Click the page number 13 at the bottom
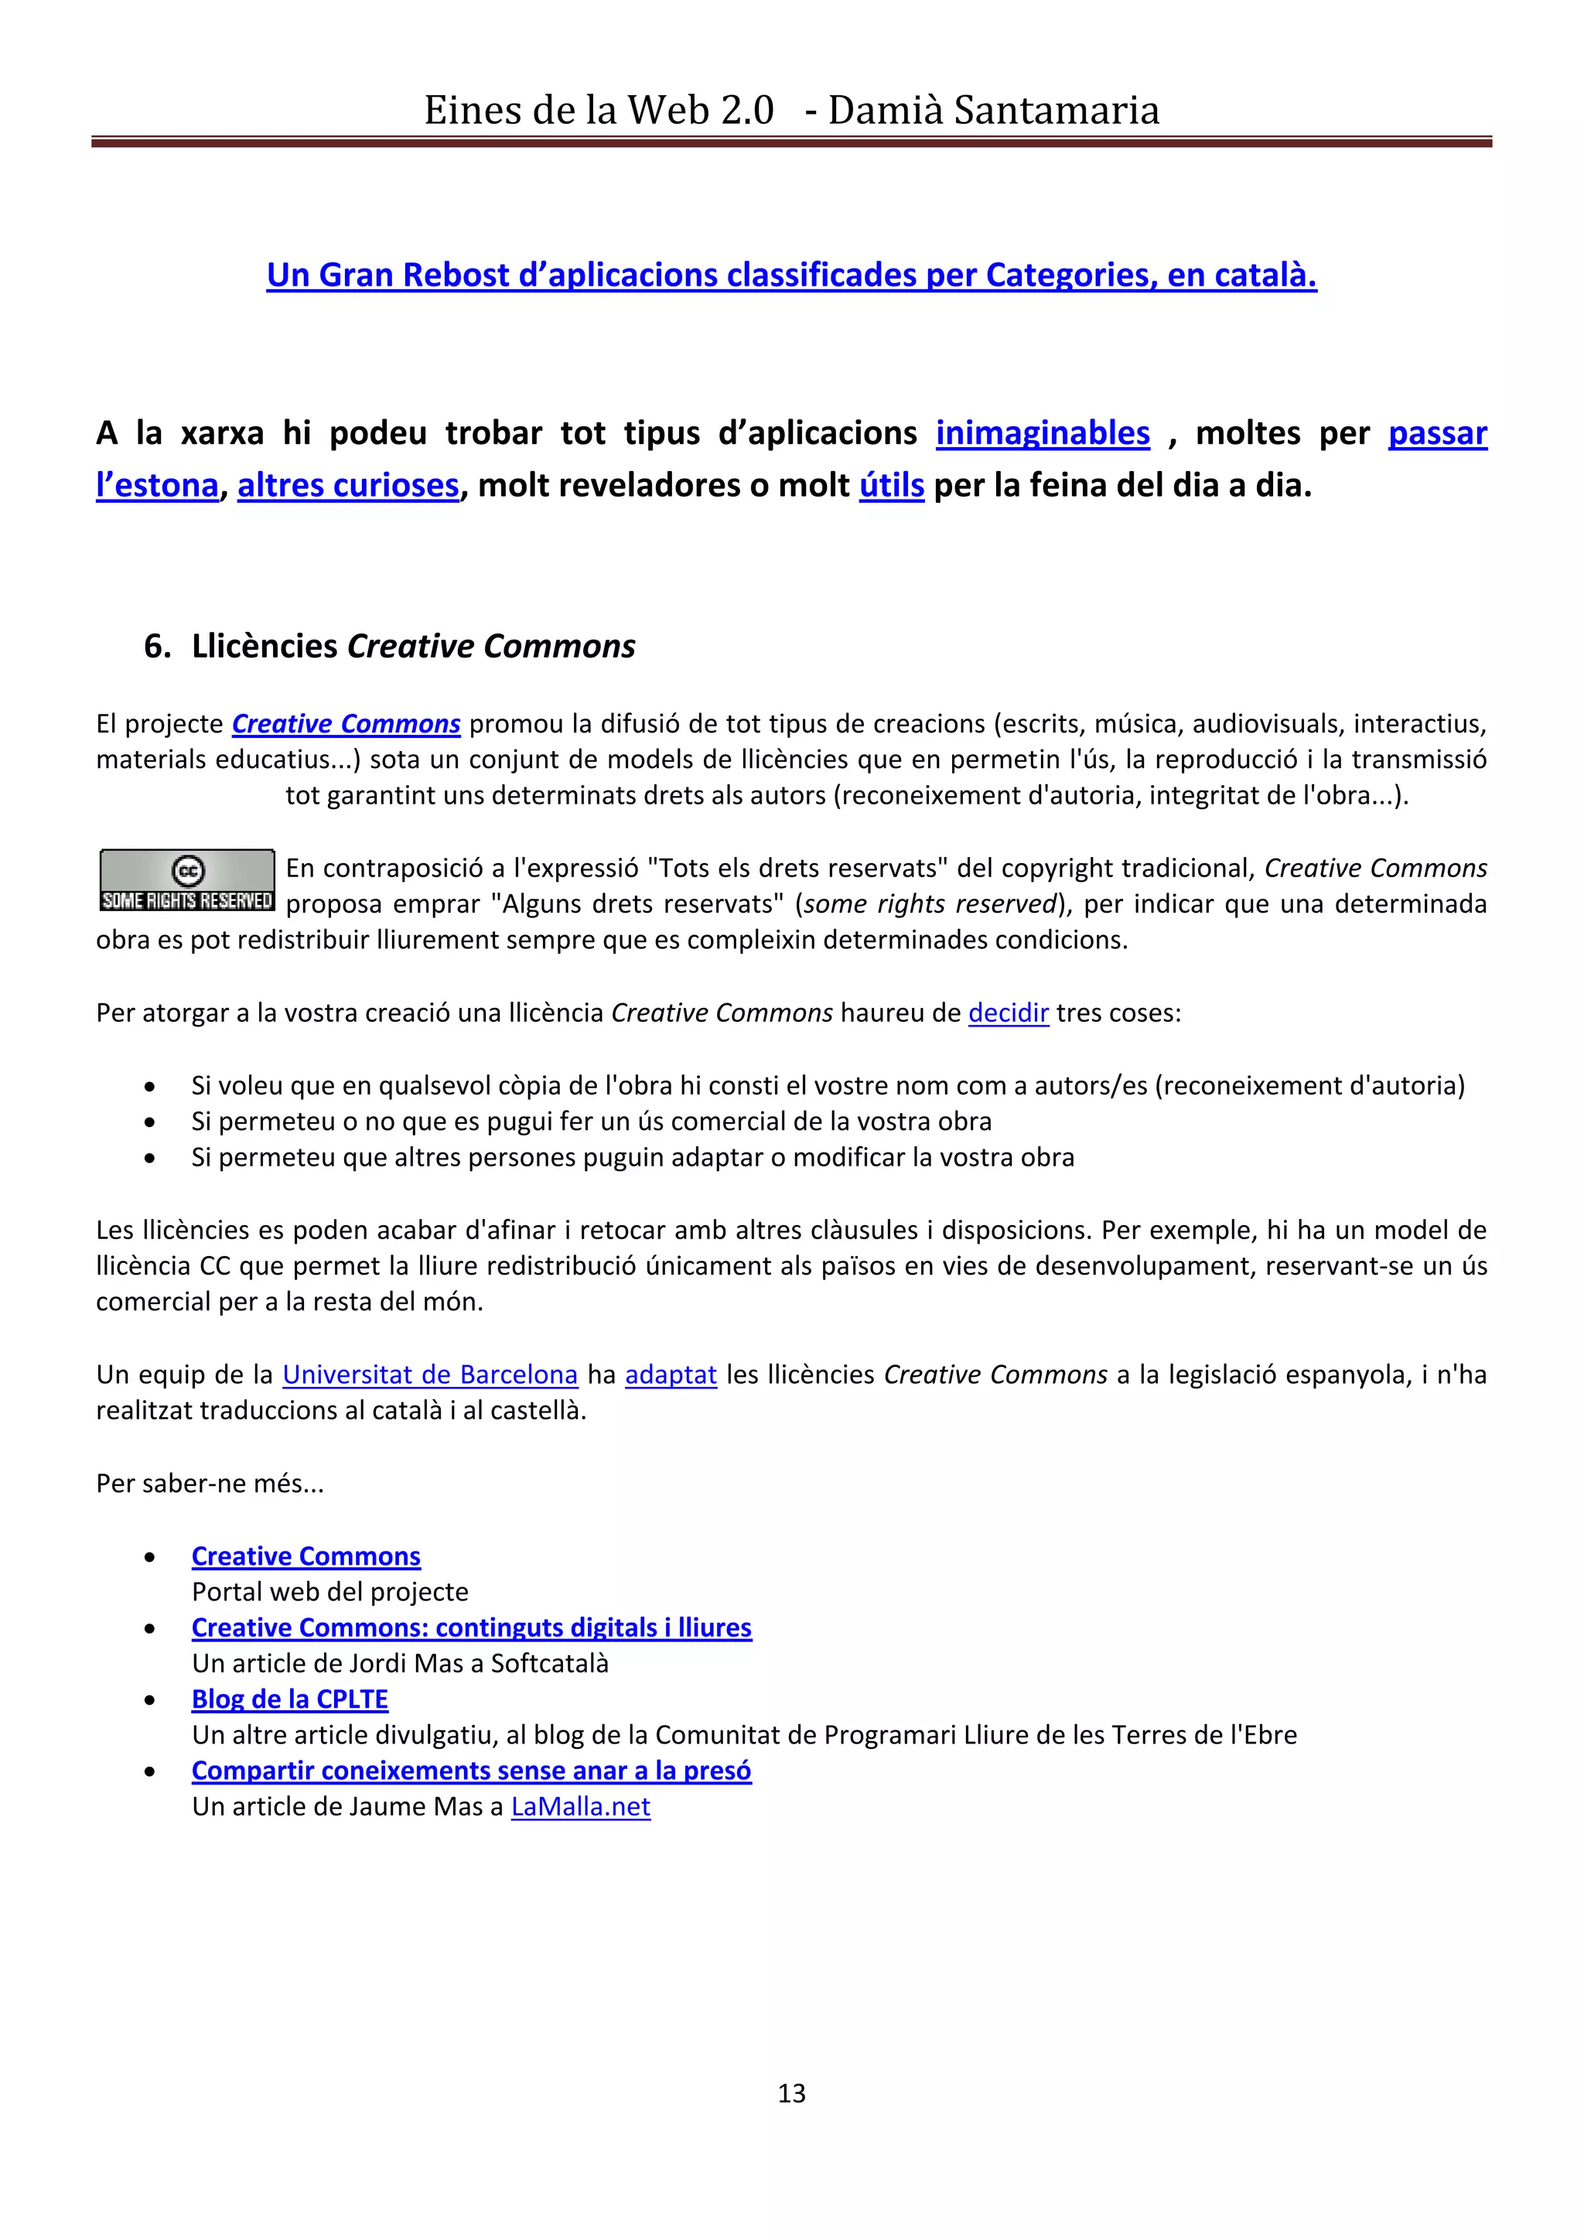pos(791,2094)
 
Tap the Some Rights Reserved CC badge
pos(187,880)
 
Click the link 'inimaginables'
pos(1043,433)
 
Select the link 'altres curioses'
pos(348,485)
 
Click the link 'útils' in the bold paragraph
pos(892,485)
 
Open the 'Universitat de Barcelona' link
pos(430,1374)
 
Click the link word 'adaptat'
pos(671,1374)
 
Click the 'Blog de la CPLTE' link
pos(290,1699)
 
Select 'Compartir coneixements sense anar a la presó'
pos(471,1770)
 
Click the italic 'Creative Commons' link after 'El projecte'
pos(346,724)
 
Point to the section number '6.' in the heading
pos(157,647)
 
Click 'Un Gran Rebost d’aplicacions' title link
pos(791,275)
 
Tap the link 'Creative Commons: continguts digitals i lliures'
pos(471,1628)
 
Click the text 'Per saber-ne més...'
pos(210,1484)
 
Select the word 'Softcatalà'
pos(549,1664)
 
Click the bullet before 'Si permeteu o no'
pos(149,1122)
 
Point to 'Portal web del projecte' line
pos(329,1592)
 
